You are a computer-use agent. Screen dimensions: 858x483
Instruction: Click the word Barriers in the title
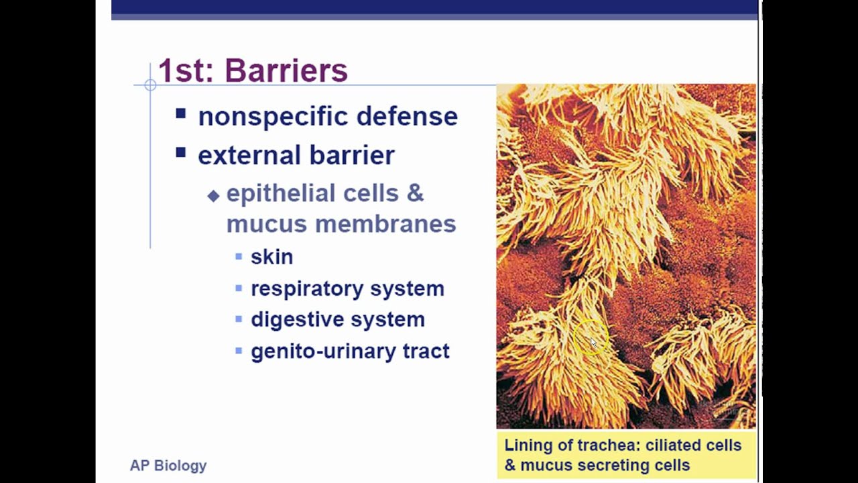point(286,70)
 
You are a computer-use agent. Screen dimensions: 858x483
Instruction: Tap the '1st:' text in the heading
point(186,70)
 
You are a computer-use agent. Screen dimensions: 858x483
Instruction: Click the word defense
point(407,116)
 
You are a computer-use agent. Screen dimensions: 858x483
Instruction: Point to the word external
point(249,155)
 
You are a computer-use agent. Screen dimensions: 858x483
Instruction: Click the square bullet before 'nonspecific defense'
point(181,113)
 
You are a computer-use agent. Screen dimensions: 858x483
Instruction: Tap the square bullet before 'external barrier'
point(181,152)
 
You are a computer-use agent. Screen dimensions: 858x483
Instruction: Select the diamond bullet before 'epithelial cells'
point(213,196)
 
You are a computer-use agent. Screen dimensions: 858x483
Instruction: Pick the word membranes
point(385,224)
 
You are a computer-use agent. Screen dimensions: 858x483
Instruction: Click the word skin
point(272,257)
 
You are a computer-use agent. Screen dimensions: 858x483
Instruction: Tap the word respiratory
point(307,289)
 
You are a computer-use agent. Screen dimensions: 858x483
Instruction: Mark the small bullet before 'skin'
point(239,256)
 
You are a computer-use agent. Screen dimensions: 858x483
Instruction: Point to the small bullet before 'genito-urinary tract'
point(239,350)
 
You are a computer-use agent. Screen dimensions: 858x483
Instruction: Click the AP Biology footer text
point(168,466)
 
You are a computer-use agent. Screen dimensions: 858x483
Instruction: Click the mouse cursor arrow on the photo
point(593,343)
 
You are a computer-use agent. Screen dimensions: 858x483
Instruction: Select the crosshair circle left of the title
point(151,85)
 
